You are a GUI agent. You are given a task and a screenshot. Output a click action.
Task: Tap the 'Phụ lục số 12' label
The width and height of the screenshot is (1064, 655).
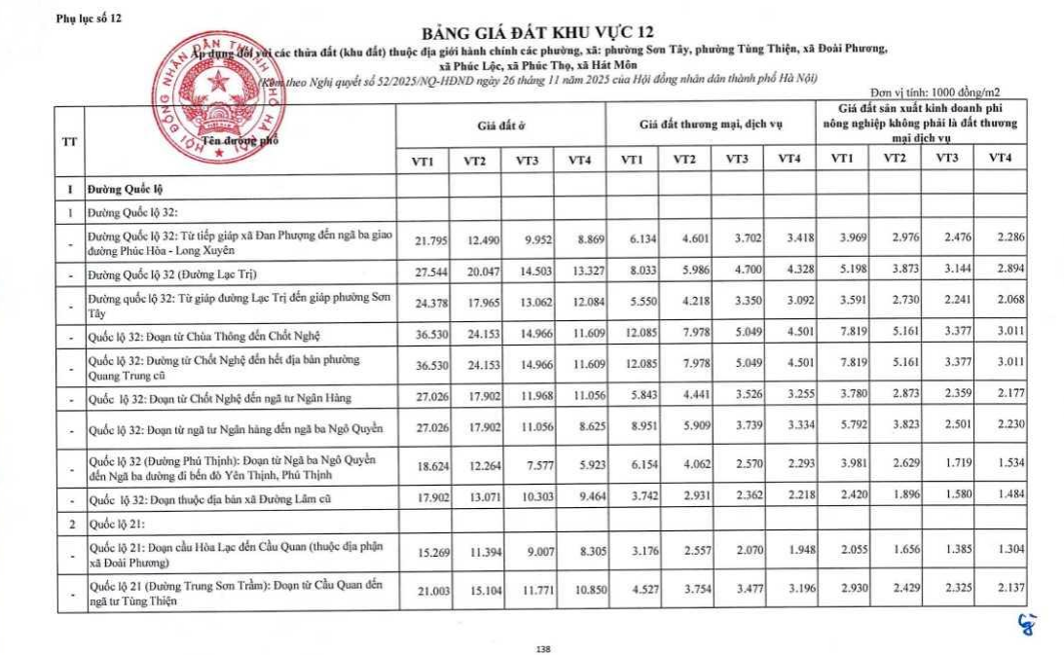coord(89,18)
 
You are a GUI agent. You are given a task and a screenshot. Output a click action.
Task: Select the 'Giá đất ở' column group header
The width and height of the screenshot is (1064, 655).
coord(500,126)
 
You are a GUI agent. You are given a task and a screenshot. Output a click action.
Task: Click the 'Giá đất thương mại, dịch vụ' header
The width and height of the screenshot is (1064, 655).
coord(711,126)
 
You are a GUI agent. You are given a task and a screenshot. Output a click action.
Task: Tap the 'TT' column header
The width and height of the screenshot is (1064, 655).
coord(69,140)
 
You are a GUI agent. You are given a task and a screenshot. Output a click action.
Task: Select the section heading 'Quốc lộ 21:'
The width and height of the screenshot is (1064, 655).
coord(115,523)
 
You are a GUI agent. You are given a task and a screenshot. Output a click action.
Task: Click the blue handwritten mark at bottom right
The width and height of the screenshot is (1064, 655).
coord(1024,625)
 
